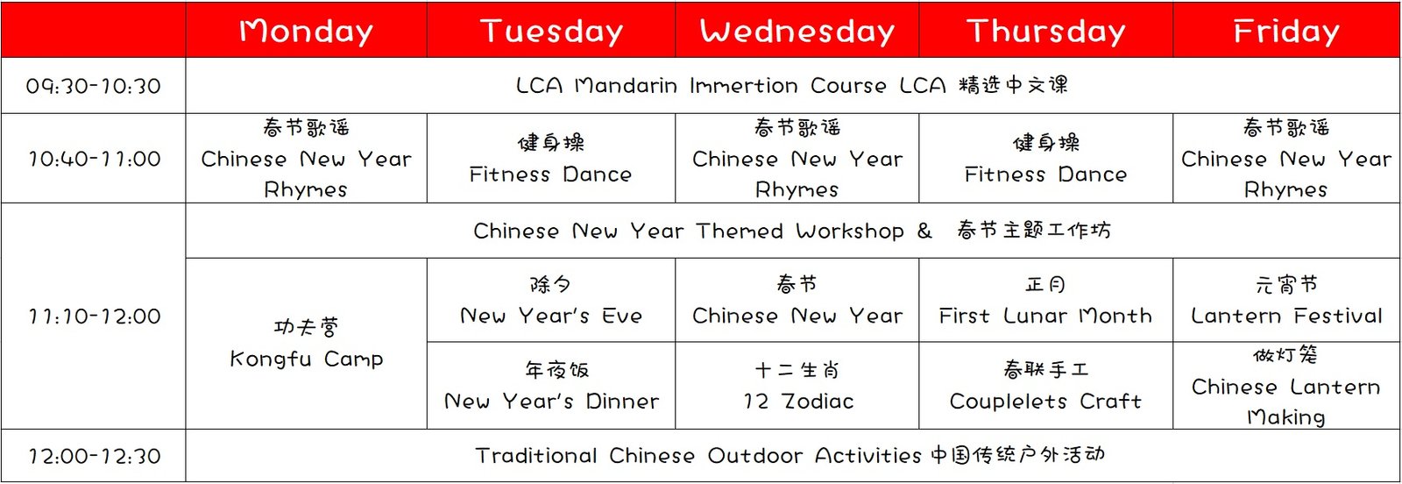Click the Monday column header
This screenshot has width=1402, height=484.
306,31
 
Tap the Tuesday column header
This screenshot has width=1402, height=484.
551,31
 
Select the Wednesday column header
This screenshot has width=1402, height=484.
797,31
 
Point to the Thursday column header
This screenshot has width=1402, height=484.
1046,31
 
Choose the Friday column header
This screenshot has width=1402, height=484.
1286,31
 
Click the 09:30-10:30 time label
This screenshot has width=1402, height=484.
93,86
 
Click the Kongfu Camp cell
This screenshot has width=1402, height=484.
306,343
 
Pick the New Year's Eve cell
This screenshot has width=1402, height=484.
551,301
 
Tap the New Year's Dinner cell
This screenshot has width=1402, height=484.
551,386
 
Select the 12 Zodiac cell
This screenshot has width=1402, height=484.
797,386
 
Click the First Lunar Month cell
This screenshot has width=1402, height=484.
1046,301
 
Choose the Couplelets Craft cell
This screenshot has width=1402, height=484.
1046,386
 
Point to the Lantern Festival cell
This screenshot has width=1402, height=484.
1286,301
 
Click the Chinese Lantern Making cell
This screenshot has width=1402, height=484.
1286,386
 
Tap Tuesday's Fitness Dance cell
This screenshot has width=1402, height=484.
551,159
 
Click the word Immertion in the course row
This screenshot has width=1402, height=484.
744,85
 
